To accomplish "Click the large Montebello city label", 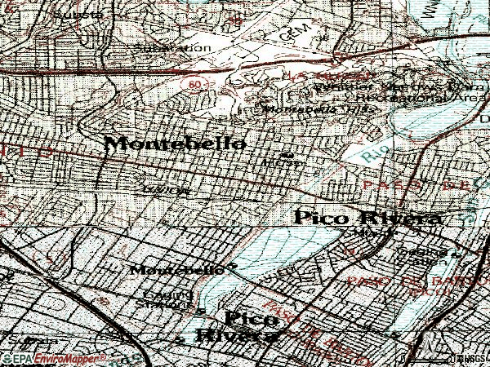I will [x=176, y=144].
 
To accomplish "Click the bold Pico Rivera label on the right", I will [x=367, y=218].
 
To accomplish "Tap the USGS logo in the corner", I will [x=468, y=358].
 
